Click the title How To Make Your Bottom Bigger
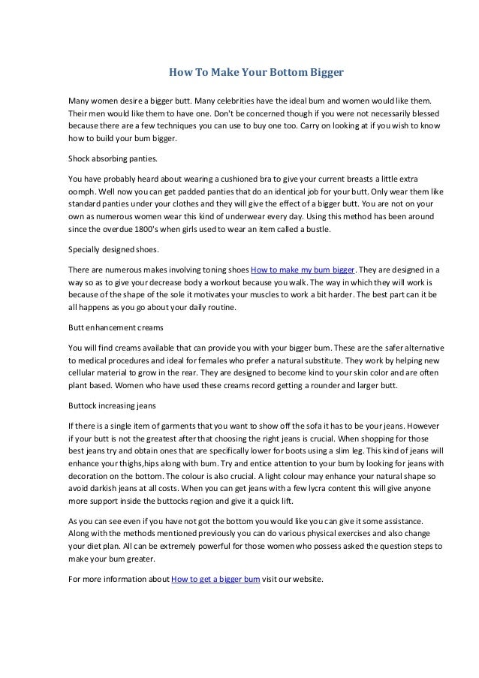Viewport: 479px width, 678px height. click(x=255, y=74)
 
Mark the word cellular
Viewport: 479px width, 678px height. click(x=84, y=373)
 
